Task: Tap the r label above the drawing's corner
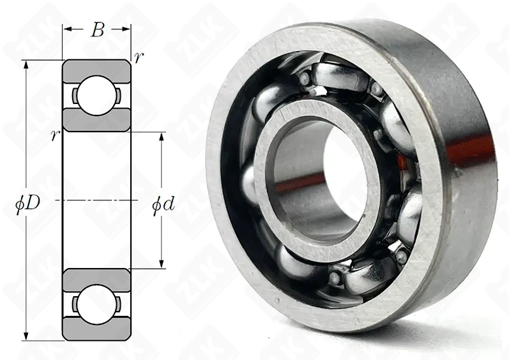coord(139,57)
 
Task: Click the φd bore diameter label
coord(162,206)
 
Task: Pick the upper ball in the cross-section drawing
coord(96,95)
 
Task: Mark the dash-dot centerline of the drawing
coord(96,200)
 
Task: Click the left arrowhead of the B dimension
coord(66,29)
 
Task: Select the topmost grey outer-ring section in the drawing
coord(96,68)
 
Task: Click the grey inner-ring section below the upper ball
coord(96,122)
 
